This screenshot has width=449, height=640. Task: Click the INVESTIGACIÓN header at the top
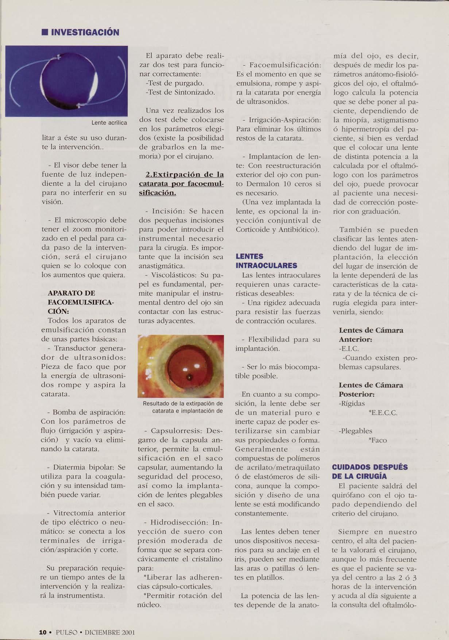85,33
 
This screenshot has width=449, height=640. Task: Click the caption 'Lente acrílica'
109,123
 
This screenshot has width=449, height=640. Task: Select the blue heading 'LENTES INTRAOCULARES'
266,261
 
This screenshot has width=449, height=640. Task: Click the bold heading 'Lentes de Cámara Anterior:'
371,335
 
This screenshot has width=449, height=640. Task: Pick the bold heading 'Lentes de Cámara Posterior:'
371,389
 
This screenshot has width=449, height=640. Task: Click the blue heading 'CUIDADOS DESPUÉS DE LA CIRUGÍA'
369,472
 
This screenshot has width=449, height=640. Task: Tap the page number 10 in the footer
43,632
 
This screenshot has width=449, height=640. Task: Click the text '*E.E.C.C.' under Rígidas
383,413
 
